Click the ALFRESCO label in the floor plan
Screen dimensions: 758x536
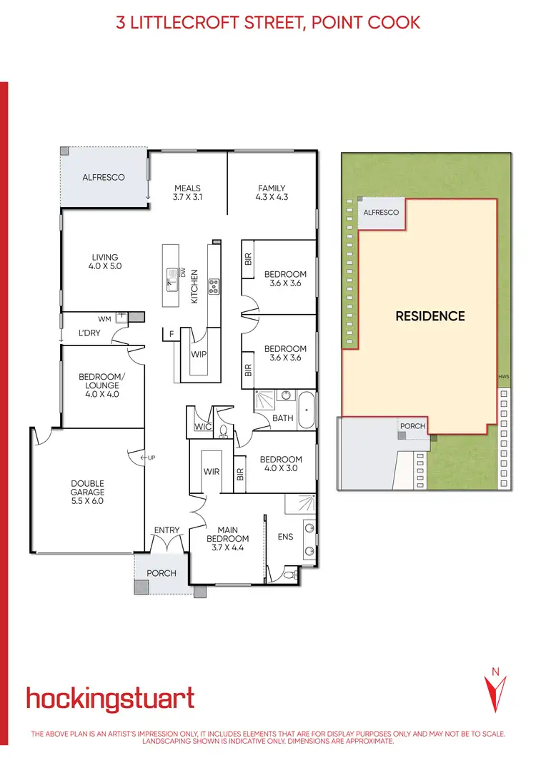104,177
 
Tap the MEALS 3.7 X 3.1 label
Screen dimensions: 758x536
188,193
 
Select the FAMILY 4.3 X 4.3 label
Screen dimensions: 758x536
272,193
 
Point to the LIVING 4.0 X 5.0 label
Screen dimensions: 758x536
104,262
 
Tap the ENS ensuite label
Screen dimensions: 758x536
285,537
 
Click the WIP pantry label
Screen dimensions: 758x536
199,354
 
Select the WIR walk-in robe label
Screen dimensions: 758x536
211,471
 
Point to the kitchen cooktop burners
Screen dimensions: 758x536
213,286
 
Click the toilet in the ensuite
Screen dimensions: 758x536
290,574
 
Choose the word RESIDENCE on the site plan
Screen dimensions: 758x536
430,316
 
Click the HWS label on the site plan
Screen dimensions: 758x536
503,377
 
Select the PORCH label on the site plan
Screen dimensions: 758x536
412,426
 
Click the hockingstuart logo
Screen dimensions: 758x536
110,698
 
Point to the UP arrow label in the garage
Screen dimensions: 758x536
148,457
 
